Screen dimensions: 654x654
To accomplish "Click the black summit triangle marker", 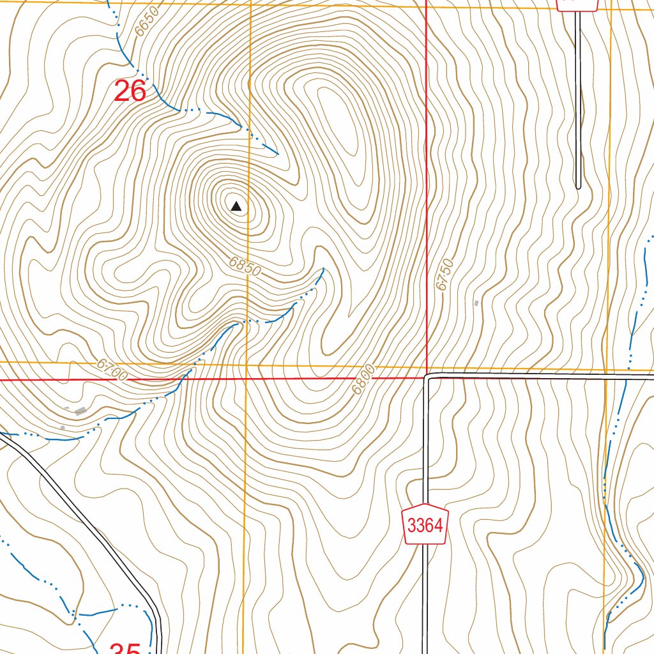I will point(236,206).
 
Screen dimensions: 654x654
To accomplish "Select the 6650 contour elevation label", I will point(146,27).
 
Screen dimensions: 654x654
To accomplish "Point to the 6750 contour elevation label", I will point(445,275).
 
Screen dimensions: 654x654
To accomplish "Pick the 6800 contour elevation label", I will point(362,381).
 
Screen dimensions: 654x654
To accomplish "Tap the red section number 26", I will point(130,91).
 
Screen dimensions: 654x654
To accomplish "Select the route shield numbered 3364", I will point(425,526).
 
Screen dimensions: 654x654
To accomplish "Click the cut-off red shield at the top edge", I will point(577,5).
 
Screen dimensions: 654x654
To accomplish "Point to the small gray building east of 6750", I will point(476,303).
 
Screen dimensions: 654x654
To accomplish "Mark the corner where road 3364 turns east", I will point(427,377).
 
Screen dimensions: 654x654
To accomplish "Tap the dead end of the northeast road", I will point(578,186).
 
